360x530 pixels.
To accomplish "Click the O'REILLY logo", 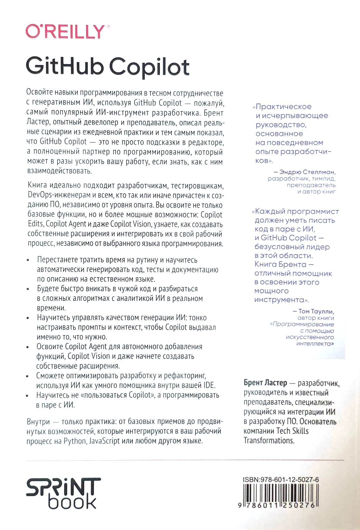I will (x=65, y=31).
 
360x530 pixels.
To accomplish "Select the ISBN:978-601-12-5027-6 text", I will (x=281, y=480).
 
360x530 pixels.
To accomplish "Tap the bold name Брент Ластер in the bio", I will (x=265, y=383).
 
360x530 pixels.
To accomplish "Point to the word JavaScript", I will (x=104, y=441).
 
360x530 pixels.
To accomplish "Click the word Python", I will (x=75, y=441).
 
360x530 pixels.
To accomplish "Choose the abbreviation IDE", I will (x=210, y=385).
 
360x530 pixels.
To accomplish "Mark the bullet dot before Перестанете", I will (x=29, y=260).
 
